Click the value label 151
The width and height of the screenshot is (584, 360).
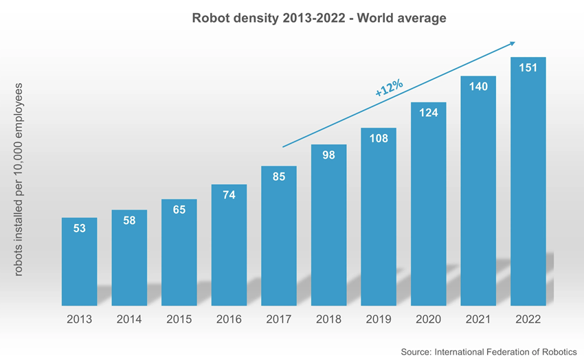pyautogui.click(x=528, y=68)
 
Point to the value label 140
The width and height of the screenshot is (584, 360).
pyautogui.click(x=478, y=87)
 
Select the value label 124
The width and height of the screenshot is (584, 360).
pyautogui.click(x=428, y=113)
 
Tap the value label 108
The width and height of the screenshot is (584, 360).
pyautogui.click(x=379, y=139)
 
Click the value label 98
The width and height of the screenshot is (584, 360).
pyautogui.click(x=328, y=155)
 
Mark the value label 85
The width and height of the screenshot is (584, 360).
pyautogui.click(x=278, y=177)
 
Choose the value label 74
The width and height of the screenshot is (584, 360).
pyautogui.click(x=229, y=195)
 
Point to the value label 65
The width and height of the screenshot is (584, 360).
pyautogui.click(x=179, y=210)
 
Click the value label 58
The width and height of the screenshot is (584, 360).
pyautogui.click(x=129, y=221)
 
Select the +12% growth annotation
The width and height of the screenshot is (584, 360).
pyautogui.click(x=389, y=88)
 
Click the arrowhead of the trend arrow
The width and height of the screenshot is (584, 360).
pyautogui.click(x=512, y=44)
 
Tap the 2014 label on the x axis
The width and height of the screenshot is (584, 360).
pyautogui.click(x=129, y=319)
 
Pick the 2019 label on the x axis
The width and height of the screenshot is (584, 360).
pyautogui.click(x=379, y=319)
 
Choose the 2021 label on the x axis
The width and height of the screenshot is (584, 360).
pyautogui.click(x=478, y=319)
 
